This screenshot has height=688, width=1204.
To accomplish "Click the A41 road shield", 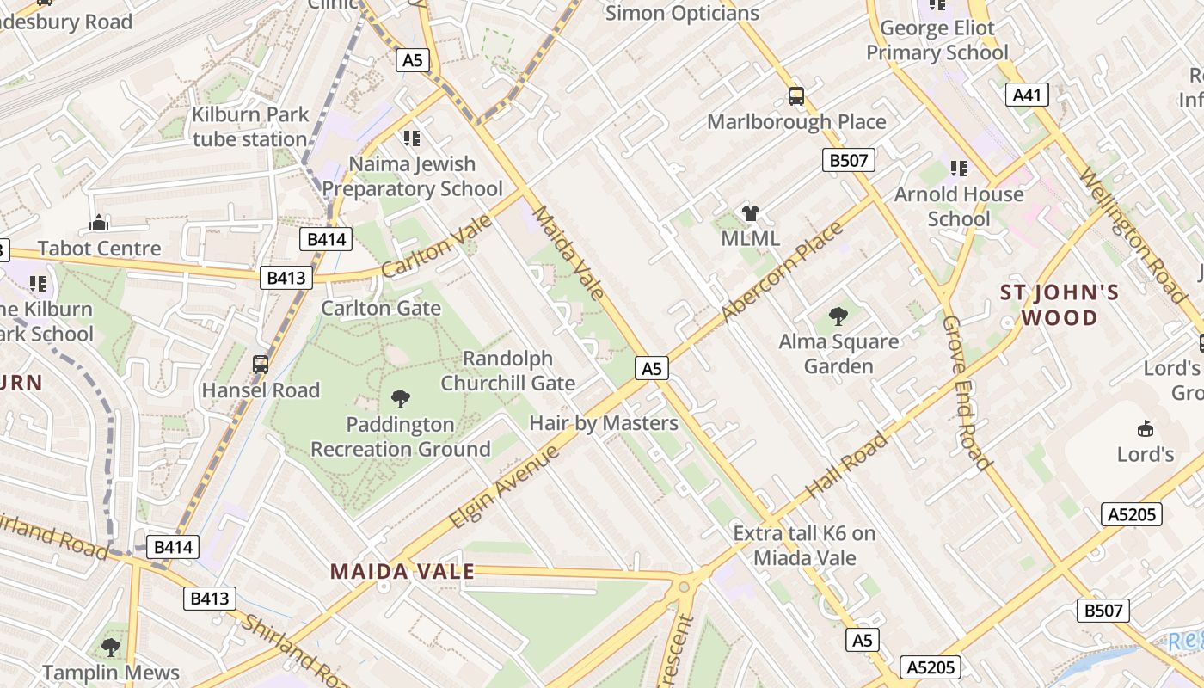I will [x=1027, y=95].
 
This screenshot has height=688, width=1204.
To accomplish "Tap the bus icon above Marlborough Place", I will [x=796, y=95].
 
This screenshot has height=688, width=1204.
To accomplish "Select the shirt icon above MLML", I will [x=750, y=213].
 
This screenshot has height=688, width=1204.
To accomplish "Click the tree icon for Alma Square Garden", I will [x=838, y=316].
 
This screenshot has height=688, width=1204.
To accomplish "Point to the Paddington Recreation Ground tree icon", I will [x=400, y=398].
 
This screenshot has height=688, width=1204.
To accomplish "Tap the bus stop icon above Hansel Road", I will [x=261, y=365].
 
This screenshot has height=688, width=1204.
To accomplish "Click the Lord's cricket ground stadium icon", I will [x=1146, y=428].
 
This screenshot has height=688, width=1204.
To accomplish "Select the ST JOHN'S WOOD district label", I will [x=1060, y=305].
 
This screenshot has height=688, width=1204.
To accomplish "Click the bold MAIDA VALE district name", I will [x=402, y=572].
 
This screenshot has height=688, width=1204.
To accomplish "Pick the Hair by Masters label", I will [x=604, y=423].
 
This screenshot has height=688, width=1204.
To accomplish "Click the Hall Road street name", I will [x=846, y=467].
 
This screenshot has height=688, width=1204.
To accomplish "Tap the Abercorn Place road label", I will [x=783, y=271].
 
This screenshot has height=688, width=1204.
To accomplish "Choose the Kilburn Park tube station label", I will [x=250, y=126].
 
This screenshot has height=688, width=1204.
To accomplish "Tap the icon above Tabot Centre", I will [x=99, y=224].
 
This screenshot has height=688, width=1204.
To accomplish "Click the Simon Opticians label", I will [x=682, y=13].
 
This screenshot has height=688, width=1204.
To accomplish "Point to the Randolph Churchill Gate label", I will [x=508, y=371].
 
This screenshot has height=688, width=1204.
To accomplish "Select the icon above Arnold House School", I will [x=958, y=169].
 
